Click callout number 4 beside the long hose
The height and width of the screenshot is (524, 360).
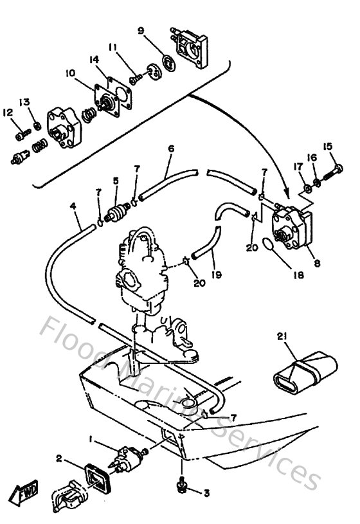73,207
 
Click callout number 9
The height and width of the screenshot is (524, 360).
141,30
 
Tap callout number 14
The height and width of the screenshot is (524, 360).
94,60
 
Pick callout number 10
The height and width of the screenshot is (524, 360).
69,72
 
